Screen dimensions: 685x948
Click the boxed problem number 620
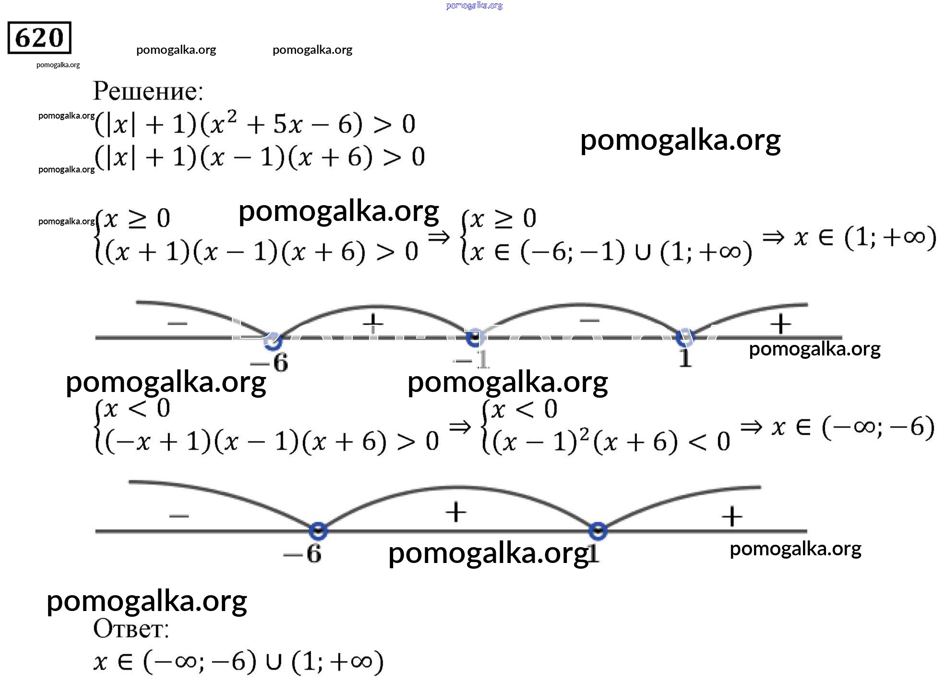point(39,37)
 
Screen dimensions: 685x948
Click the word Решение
point(148,91)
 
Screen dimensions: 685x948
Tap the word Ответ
point(131,629)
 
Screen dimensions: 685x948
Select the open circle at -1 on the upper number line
point(474,338)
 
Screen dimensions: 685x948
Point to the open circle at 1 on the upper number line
point(684,337)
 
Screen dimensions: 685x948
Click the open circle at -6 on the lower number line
point(318,531)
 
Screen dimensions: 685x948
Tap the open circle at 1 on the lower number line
point(598,531)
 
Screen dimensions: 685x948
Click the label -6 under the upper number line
point(270,363)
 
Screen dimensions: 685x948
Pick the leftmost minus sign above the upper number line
point(177,323)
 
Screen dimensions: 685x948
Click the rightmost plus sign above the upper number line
point(780,324)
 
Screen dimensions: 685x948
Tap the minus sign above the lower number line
point(179,516)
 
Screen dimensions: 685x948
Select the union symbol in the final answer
point(273,662)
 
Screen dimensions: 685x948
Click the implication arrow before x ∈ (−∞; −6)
point(751,427)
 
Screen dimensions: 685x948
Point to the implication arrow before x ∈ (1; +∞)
point(773,237)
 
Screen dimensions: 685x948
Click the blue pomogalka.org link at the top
point(474,6)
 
